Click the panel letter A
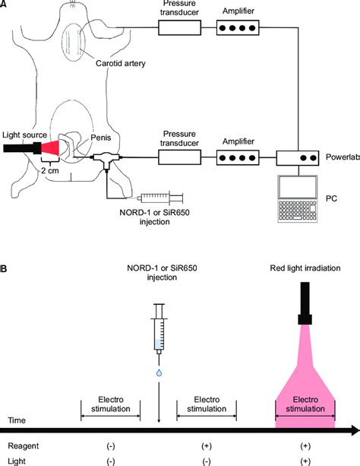point(5,5)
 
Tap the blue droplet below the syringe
point(158,372)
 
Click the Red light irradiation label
point(305,268)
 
